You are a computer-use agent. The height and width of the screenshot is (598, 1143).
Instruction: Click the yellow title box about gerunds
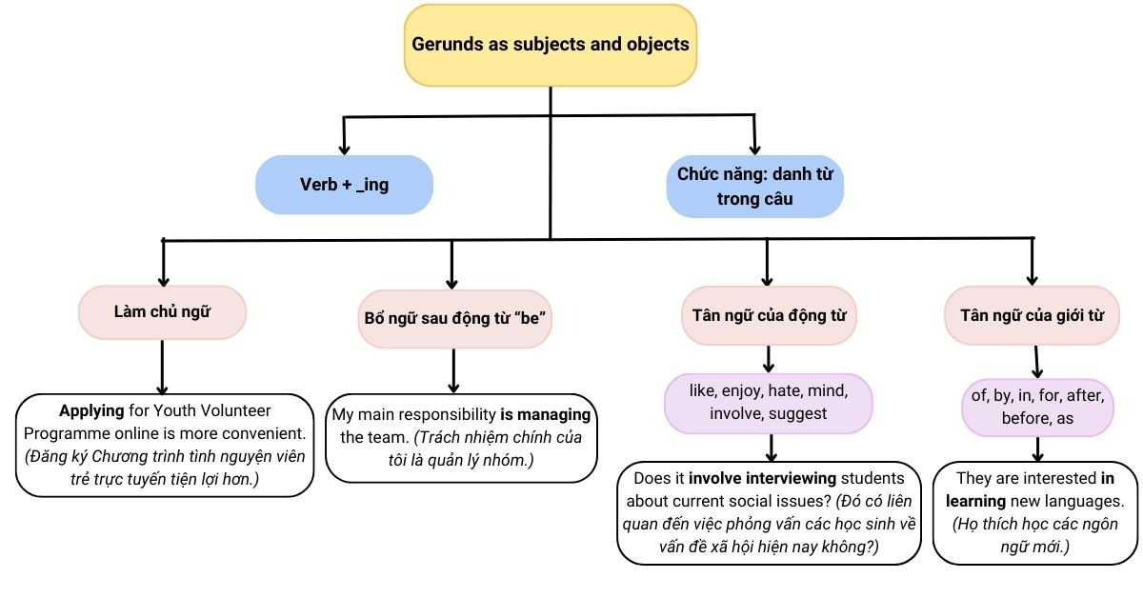click(550, 45)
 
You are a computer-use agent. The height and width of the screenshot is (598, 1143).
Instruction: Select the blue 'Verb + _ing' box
click(344, 184)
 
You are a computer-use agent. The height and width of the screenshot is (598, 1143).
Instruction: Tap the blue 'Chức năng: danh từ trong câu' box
click(753, 186)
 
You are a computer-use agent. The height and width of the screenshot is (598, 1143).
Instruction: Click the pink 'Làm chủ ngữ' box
click(162, 312)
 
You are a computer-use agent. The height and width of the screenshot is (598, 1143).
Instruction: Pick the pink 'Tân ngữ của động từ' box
click(769, 315)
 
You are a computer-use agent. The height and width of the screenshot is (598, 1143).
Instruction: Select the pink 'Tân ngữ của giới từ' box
click(1032, 315)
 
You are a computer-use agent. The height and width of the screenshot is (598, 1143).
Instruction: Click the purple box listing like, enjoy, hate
click(769, 402)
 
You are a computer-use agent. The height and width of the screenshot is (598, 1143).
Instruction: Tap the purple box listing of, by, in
click(1037, 407)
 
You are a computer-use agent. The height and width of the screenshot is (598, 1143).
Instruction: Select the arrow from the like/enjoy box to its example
click(770, 447)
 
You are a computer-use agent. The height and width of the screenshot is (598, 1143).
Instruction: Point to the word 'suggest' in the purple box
click(798, 413)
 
